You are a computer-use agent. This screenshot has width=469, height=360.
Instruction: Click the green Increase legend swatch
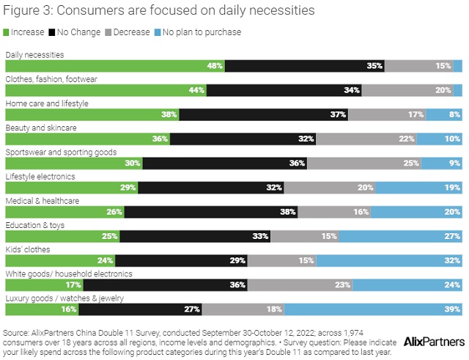7,32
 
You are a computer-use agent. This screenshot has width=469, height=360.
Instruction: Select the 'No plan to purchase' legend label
201,32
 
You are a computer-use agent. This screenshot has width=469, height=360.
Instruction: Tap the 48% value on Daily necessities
215,66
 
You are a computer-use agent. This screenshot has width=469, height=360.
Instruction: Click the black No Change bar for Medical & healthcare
211,212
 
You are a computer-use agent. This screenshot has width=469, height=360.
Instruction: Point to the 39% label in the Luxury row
453,309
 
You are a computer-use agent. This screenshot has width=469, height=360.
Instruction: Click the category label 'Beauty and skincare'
41,128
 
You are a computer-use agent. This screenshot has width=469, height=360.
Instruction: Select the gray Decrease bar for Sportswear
367,163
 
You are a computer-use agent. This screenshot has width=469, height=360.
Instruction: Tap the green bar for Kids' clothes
60,260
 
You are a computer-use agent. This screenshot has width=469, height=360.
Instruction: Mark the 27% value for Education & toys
453,236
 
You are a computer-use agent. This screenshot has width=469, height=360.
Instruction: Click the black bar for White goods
183,284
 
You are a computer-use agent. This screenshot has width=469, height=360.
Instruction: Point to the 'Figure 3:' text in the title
27,10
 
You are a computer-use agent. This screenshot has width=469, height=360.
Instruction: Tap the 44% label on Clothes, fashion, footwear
197,90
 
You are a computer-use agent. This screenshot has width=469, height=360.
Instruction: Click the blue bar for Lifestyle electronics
419,187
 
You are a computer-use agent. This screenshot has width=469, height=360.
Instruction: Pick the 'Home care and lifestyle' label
47,103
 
